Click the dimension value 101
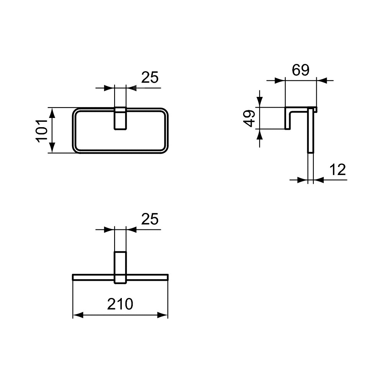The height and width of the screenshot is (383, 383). tap(41, 130)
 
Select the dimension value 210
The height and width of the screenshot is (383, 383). tap(120, 304)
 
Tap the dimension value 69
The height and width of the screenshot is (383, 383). tap(301, 70)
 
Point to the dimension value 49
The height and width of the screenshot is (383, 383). tap(249, 118)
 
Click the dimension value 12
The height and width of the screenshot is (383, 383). tap(337, 170)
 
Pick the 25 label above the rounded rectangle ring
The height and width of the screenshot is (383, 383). tap(150, 77)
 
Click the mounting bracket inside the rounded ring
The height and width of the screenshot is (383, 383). tap(120, 118)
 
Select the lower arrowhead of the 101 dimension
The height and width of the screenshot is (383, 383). tap(52, 148)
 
